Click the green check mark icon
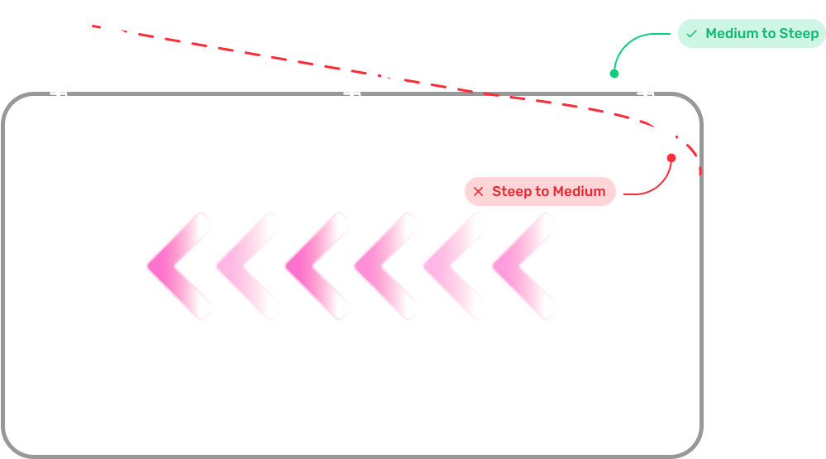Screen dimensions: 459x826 (692, 34)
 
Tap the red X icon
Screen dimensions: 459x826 (478, 192)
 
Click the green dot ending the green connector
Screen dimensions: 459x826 (614, 74)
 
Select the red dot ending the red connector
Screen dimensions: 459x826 (671, 158)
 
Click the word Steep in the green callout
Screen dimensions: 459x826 (800, 34)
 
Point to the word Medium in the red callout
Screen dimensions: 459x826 (579, 192)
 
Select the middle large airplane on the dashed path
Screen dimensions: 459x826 (387, 74)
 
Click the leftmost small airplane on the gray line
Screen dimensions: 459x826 (60, 93)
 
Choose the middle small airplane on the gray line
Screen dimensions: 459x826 (353, 93)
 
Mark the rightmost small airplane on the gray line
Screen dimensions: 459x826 (647, 93)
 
